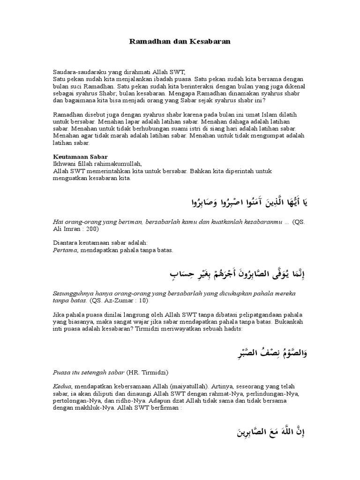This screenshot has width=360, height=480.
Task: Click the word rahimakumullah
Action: click(114, 164)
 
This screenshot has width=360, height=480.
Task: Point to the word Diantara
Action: click(67, 243)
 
